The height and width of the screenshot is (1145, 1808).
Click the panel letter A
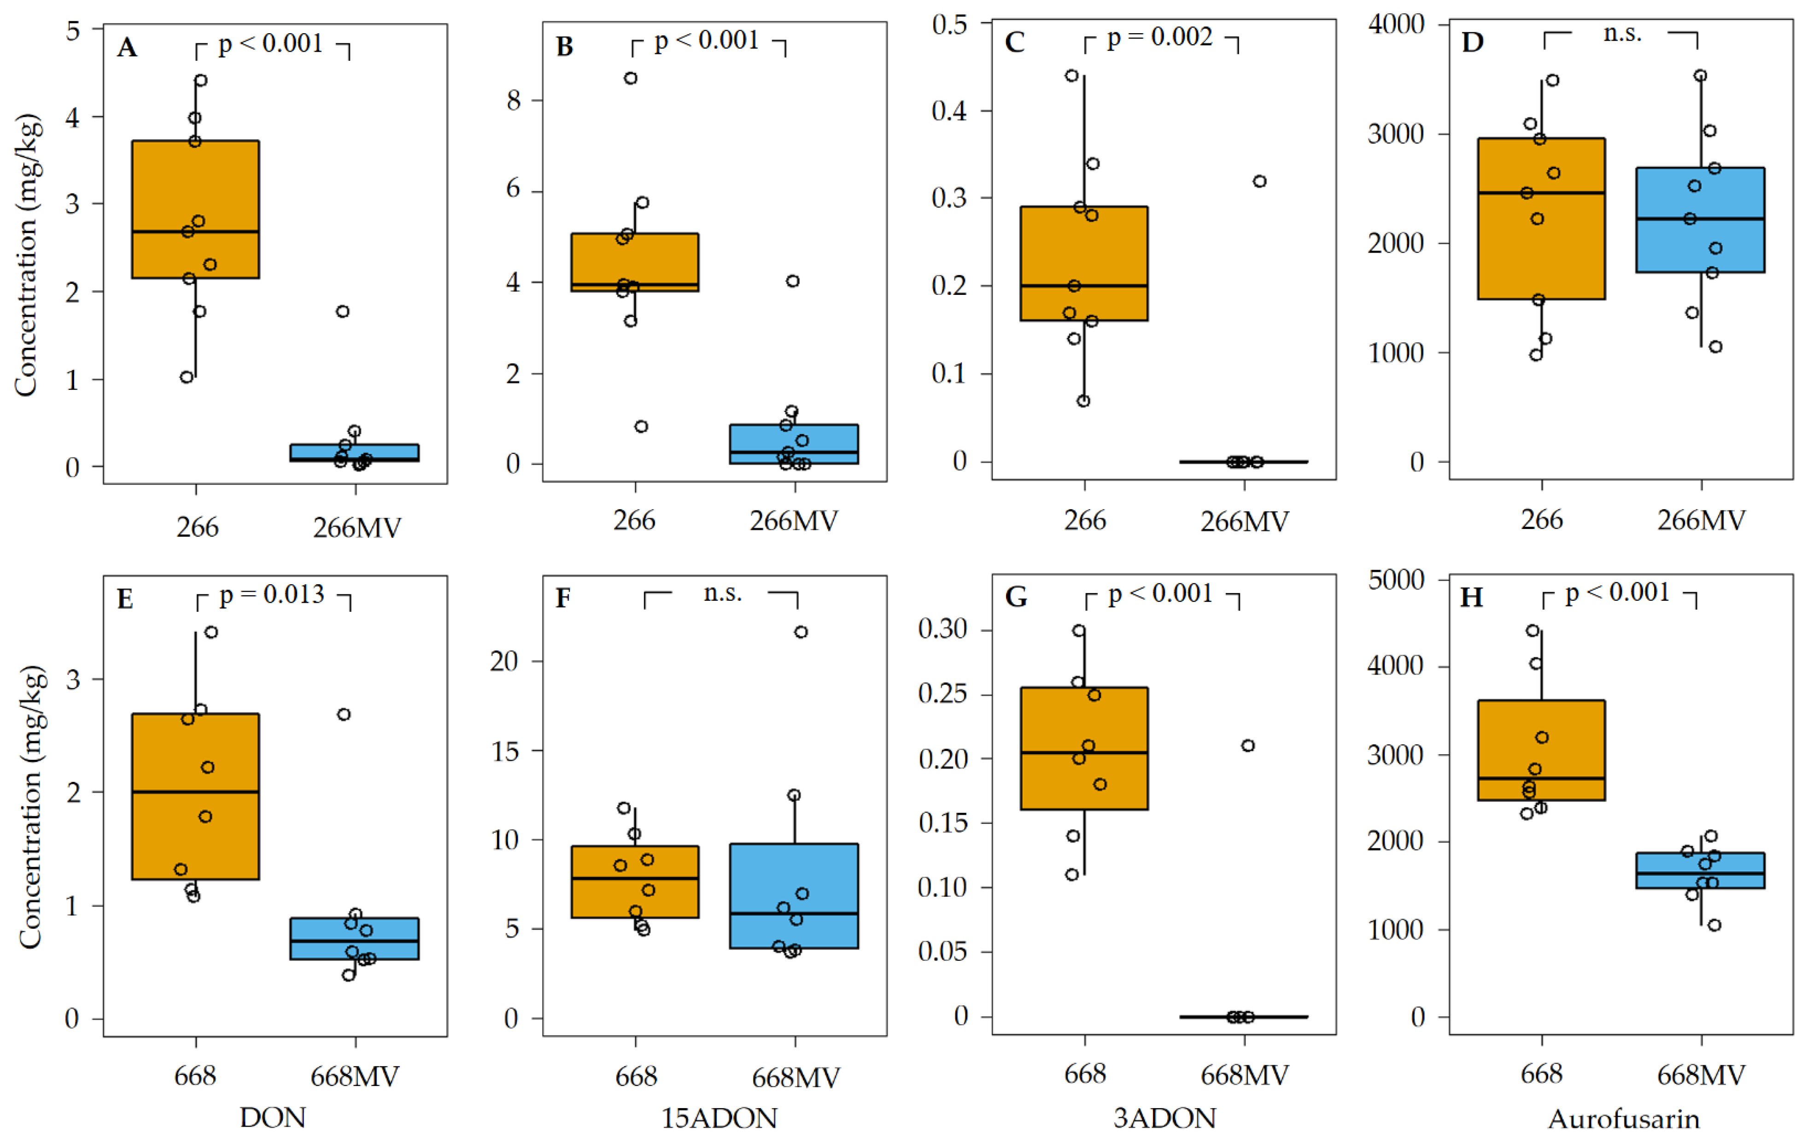pyautogui.click(x=127, y=48)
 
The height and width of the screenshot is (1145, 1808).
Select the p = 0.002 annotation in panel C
pyautogui.click(x=1159, y=37)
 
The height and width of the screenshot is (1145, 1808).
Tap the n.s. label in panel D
pyautogui.click(x=1622, y=34)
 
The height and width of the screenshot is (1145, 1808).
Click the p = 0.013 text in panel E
pyautogui.click(x=272, y=595)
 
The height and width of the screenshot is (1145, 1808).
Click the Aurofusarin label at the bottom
pyautogui.click(x=1623, y=1119)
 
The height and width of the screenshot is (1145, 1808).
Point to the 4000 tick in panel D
pyautogui.click(x=1396, y=25)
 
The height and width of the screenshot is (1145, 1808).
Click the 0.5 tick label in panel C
pyautogui.click(x=949, y=25)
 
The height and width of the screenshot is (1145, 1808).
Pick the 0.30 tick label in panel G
pyautogui.click(x=942, y=628)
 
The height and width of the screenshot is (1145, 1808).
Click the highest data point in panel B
pyautogui.click(x=631, y=78)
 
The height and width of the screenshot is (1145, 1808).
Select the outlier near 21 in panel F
pyautogui.click(x=801, y=632)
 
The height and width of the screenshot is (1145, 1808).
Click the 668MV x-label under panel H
pyautogui.click(x=1701, y=1075)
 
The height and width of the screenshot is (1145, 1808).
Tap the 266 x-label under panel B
pyautogui.click(x=634, y=520)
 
